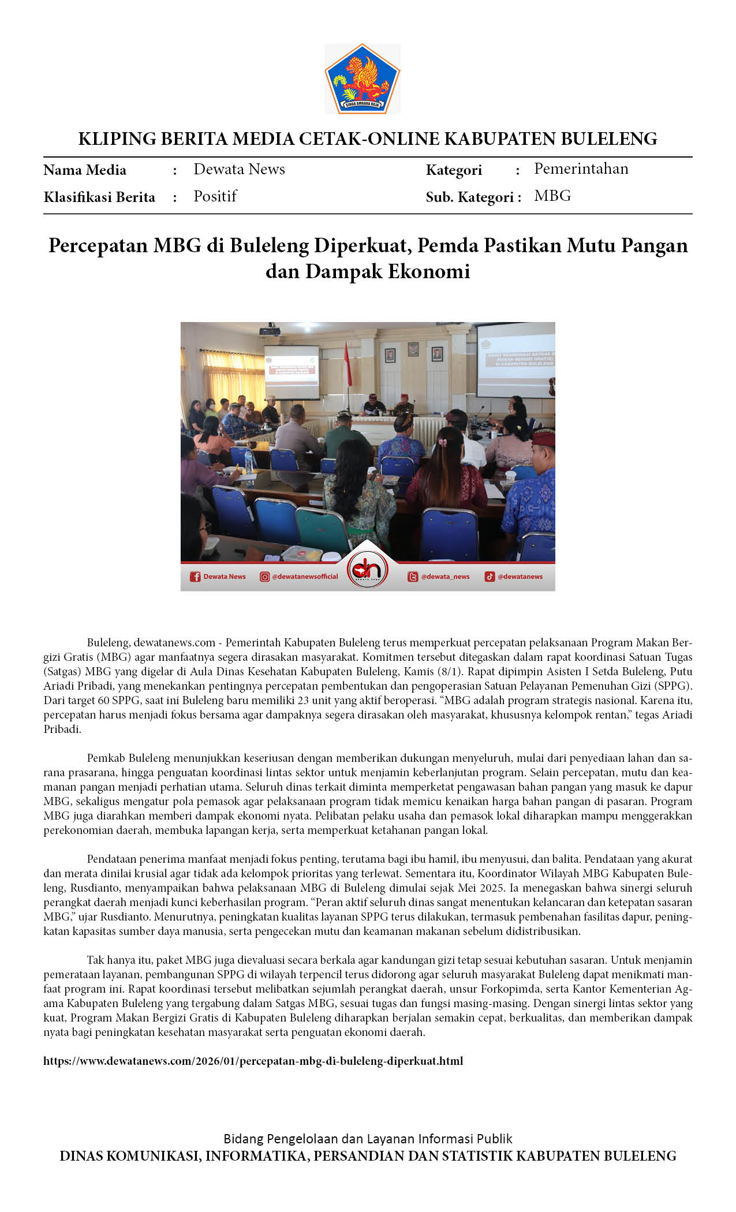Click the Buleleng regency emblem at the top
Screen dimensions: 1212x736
363,78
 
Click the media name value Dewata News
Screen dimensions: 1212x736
239,169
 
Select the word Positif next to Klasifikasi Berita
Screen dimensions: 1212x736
215,196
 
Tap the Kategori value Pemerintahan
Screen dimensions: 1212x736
581,169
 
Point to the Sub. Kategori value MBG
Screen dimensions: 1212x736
552,196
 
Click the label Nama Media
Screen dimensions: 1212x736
85,170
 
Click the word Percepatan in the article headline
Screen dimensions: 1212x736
98,246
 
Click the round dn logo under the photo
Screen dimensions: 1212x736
368,570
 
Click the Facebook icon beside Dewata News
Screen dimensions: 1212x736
195,577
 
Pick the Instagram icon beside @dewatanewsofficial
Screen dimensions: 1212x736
265,577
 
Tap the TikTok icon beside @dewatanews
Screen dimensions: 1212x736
490,577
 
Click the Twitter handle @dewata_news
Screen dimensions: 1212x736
445,577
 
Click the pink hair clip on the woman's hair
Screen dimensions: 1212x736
443,443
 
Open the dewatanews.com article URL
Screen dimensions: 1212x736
253,1061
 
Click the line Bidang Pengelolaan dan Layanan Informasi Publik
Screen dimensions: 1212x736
368,1139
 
